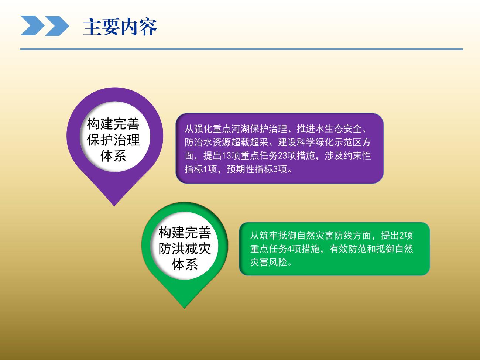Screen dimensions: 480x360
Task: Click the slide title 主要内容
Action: (120, 27)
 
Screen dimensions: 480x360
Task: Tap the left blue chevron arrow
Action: (33, 25)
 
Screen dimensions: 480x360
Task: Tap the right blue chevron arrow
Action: (57, 25)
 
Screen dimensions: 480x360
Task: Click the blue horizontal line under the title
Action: (241, 49)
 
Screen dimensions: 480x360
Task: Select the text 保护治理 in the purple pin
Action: (113, 140)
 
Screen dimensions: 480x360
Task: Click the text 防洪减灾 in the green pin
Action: (185, 248)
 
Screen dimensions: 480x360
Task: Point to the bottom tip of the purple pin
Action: (114, 206)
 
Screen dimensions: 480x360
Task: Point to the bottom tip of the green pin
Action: (184, 308)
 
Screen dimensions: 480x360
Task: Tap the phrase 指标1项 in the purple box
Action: (200, 169)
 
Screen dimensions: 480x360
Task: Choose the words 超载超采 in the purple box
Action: (250, 142)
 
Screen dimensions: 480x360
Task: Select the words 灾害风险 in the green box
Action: (269, 262)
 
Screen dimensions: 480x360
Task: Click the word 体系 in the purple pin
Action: (113, 156)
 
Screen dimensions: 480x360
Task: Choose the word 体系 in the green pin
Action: (185, 264)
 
